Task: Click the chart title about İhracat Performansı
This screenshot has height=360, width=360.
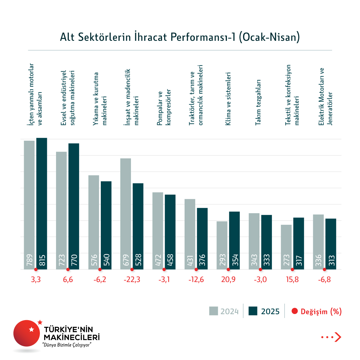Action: (x=180, y=37)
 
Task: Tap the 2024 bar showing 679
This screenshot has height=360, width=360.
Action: (x=126, y=213)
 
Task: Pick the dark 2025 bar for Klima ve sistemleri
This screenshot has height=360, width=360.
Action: (x=234, y=240)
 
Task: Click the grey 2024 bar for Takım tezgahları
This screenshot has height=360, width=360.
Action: (x=254, y=241)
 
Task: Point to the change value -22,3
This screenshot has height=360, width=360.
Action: (x=132, y=280)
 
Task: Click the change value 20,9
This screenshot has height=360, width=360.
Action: (x=228, y=280)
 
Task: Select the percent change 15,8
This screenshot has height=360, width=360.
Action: (x=292, y=280)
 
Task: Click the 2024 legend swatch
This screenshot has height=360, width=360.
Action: (x=214, y=311)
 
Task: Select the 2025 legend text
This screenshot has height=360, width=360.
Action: (x=270, y=312)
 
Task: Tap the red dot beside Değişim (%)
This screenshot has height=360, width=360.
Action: (x=295, y=311)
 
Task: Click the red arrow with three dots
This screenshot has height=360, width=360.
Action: (x=331, y=337)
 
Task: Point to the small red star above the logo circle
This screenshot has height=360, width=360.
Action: (x=40, y=322)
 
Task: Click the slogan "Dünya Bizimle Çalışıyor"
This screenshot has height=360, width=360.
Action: (x=67, y=345)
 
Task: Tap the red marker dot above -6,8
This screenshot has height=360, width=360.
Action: (x=324, y=270)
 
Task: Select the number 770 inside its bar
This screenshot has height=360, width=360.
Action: (x=74, y=260)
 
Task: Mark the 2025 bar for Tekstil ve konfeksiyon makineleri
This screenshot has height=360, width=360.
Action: (x=298, y=243)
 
